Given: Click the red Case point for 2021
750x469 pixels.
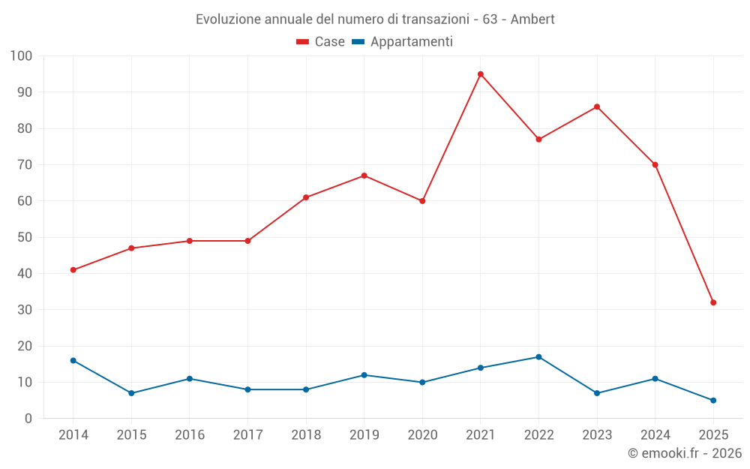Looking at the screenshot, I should (481, 74).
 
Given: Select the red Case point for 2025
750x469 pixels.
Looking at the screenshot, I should (713, 302).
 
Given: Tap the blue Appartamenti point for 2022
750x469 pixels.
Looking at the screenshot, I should (538, 357).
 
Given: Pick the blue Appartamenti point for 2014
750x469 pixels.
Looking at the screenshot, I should (73, 360).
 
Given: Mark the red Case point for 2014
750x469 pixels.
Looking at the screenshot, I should (73, 270).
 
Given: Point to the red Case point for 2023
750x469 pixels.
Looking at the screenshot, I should (597, 107).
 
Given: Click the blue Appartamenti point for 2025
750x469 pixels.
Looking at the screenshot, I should (713, 400).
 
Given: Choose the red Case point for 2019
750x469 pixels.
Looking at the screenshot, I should (364, 176).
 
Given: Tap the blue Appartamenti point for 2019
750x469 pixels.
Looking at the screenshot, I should (364, 375).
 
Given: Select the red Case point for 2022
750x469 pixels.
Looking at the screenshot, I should (538, 140).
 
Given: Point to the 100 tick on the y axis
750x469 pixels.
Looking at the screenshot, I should (21, 56).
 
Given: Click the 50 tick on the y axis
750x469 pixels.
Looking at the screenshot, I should (25, 237).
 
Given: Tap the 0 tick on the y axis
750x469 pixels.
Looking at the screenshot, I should (28, 419).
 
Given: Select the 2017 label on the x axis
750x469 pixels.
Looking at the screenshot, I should (247, 435).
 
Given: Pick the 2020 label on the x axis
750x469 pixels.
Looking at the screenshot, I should (422, 435).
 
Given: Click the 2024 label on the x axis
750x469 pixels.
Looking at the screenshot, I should (655, 435).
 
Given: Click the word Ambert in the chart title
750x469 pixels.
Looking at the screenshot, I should (532, 20).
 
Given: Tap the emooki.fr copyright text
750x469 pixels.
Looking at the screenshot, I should (684, 453).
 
